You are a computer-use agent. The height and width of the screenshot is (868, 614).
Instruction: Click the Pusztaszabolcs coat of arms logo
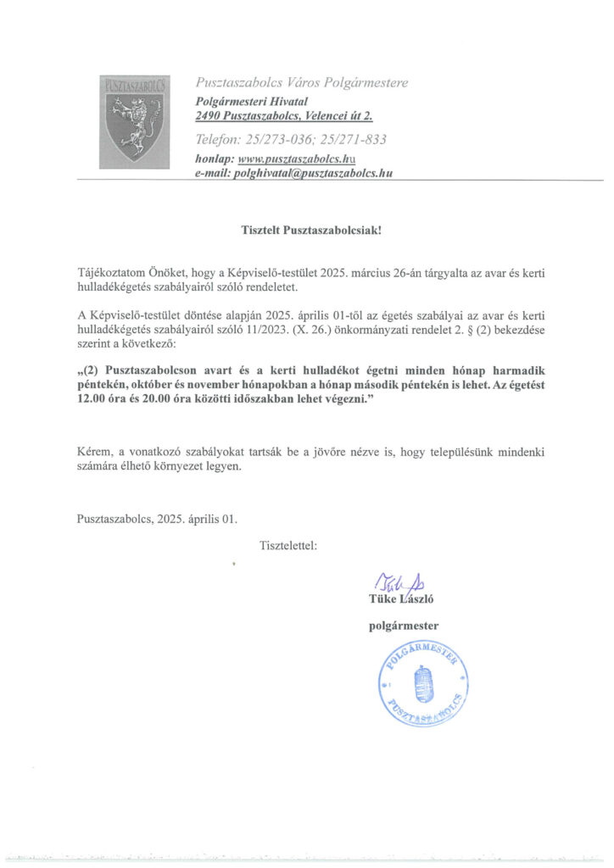(x=135, y=118)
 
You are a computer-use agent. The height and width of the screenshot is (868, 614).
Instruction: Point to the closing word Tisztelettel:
(x=288, y=546)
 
